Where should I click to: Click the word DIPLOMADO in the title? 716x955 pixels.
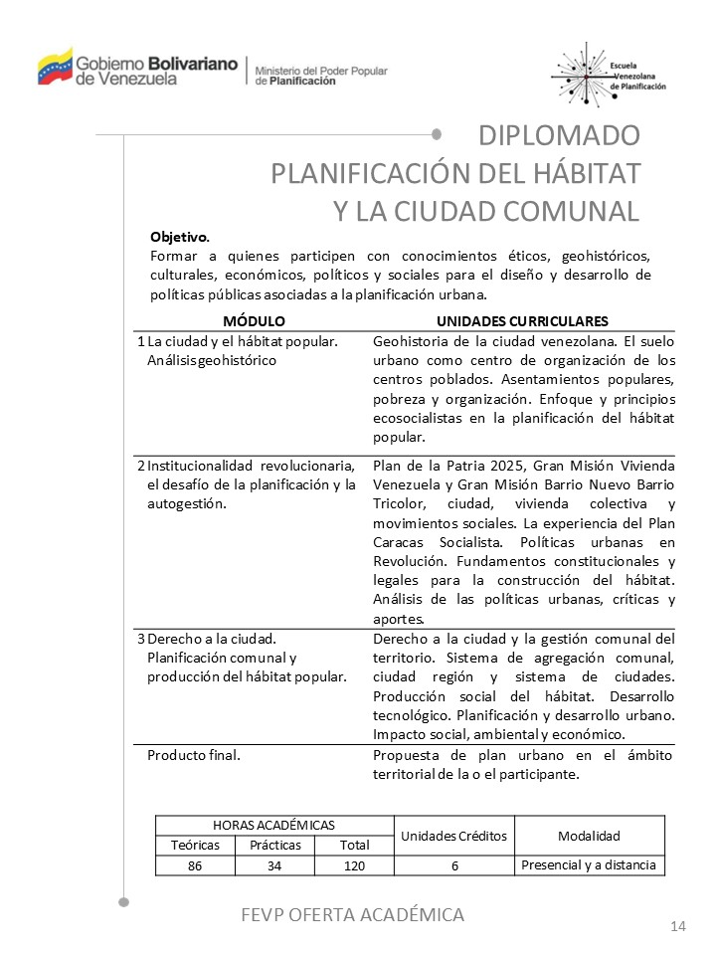(559, 134)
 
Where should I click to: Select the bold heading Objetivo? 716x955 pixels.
(180, 238)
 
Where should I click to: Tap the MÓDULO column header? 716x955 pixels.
(254, 321)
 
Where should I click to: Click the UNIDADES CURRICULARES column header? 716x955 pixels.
(522, 321)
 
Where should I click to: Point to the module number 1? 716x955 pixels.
(140, 341)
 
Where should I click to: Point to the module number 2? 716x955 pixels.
(140, 466)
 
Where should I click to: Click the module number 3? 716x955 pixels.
(140, 638)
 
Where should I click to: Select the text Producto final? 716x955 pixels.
(194, 754)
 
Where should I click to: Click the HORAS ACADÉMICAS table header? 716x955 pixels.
(273, 826)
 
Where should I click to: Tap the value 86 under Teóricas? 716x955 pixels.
(195, 866)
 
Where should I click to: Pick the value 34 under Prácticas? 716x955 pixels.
(274, 866)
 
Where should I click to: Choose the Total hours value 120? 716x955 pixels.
(354, 866)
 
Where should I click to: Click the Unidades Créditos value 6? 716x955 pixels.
(453, 866)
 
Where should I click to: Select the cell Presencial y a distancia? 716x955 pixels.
(589, 865)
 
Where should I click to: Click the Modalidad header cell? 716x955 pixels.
(589, 836)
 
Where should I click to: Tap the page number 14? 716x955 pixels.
(678, 927)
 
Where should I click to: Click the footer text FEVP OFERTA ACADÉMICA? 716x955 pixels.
(353, 914)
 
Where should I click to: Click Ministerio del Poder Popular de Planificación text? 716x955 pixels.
(321, 76)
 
